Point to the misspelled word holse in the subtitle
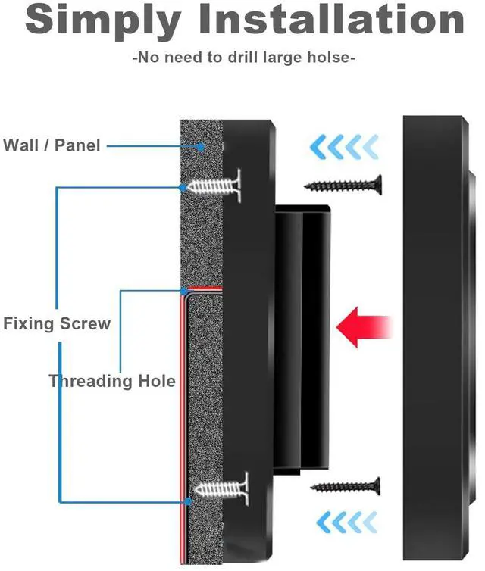point(326,58)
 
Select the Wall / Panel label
point(52,145)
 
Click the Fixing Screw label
point(57,324)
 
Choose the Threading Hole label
point(112,381)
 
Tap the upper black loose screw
point(343,183)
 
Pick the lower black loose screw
point(345,485)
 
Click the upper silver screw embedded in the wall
point(214,185)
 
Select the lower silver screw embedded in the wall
point(220,485)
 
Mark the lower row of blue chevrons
point(346,521)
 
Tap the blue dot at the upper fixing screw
point(182,186)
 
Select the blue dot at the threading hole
point(183,290)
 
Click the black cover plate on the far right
point(436,333)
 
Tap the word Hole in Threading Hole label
point(155,381)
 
